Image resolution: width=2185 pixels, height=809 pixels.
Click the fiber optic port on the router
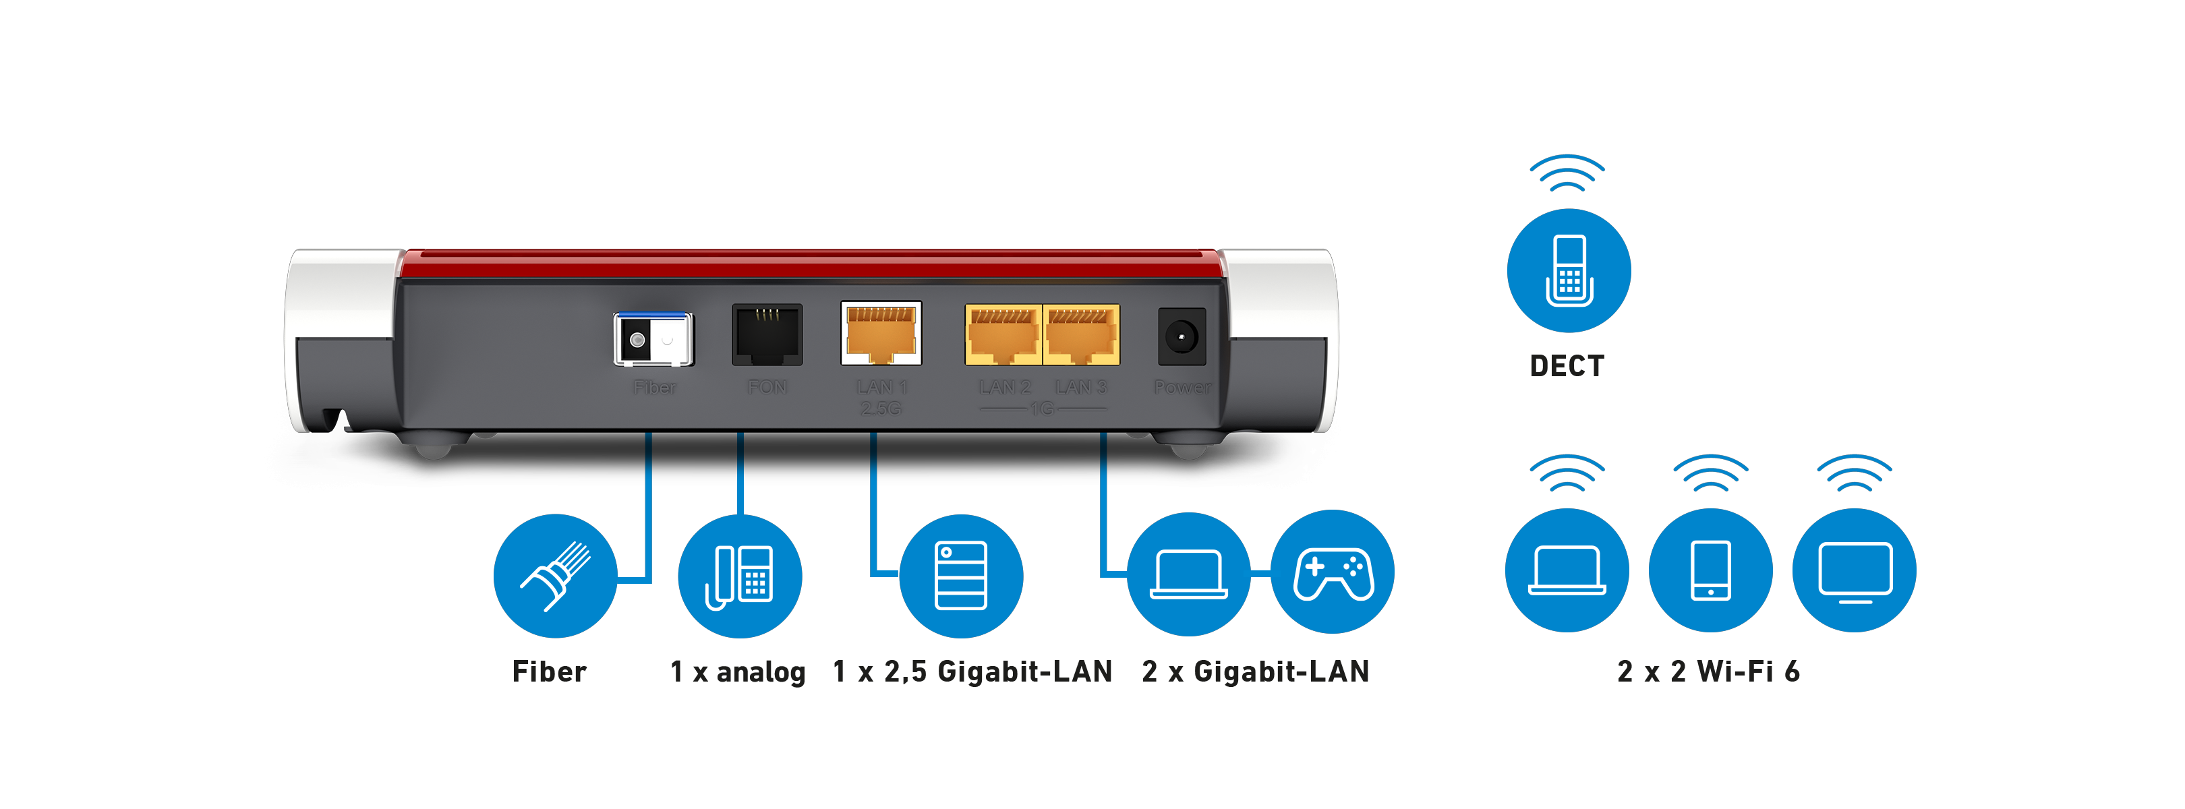tap(652, 339)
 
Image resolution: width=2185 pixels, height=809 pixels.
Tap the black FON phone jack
tap(767, 334)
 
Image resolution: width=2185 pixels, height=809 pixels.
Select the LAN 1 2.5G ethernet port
tap(881, 333)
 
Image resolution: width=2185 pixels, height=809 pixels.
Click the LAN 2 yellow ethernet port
tap(1003, 335)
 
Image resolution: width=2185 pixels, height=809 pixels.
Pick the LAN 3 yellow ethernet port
tap(1080, 335)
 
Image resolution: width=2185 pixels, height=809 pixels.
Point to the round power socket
tap(1181, 336)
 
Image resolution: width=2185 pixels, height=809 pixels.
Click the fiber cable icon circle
tap(555, 576)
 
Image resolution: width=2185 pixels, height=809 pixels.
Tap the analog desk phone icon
tap(740, 576)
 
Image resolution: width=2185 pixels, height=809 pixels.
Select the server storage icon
tap(960, 576)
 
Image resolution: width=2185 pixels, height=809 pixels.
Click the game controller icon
tap(1332, 572)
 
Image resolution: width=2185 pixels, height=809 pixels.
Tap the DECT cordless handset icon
tap(1569, 270)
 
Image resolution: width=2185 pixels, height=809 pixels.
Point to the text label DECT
tap(1567, 366)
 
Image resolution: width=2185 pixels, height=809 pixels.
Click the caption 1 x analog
tap(737, 671)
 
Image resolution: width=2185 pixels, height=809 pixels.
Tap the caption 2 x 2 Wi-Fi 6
tap(1708, 671)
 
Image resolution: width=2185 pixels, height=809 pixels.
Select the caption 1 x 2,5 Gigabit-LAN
tap(972, 671)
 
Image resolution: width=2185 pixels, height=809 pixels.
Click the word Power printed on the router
tap(1182, 388)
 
